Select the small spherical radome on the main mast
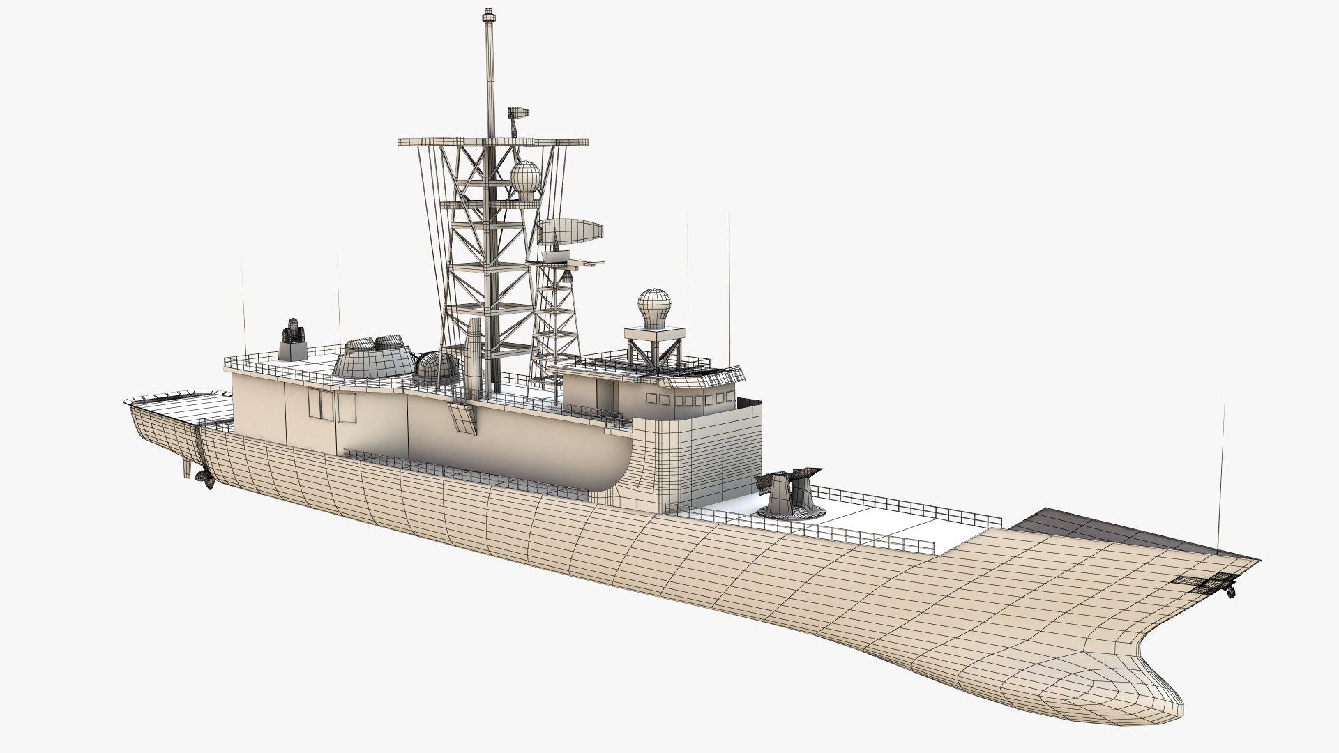[525, 177]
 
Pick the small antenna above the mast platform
[517, 115]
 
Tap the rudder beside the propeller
[186, 467]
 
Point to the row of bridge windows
[690, 400]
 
